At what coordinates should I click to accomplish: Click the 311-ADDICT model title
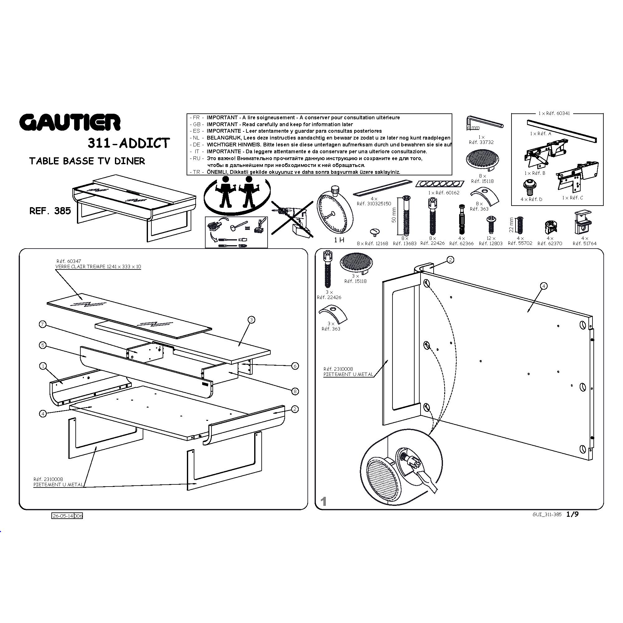128,143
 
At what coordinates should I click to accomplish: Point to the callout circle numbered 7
43,324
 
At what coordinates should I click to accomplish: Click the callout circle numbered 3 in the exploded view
251,320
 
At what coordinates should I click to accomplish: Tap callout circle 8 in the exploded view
295,392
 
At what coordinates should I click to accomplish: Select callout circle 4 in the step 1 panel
544,286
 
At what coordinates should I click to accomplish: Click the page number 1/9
573,514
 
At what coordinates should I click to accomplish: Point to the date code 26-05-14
63,516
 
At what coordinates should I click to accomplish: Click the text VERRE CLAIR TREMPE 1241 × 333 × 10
98,267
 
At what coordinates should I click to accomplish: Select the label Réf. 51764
585,244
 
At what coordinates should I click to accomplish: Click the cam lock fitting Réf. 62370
550,227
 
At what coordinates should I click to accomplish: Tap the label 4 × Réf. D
531,199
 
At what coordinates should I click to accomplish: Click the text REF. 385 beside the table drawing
50,211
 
